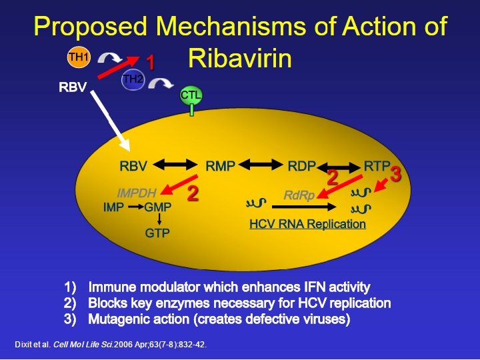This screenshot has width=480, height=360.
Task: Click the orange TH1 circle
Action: [78, 57]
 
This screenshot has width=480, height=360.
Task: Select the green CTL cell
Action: [191, 96]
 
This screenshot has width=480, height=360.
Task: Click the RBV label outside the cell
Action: [72, 87]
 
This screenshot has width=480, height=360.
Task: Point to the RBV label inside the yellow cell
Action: [133, 166]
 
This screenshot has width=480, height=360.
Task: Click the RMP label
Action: [220, 166]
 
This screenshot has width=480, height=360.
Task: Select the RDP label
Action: [301, 166]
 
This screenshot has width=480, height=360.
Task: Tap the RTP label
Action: [377, 165]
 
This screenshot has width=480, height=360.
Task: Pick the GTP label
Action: [157, 233]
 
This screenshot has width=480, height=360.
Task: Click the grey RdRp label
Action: [299, 195]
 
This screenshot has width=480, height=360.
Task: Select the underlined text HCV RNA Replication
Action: [307, 224]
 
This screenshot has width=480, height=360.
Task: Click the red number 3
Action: [395, 175]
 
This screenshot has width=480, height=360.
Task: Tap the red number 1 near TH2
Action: [150, 63]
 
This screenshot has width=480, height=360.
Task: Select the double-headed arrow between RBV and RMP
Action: [176, 165]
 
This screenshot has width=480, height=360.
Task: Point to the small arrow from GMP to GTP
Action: [157, 218]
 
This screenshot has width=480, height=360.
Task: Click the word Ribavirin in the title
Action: [240, 59]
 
